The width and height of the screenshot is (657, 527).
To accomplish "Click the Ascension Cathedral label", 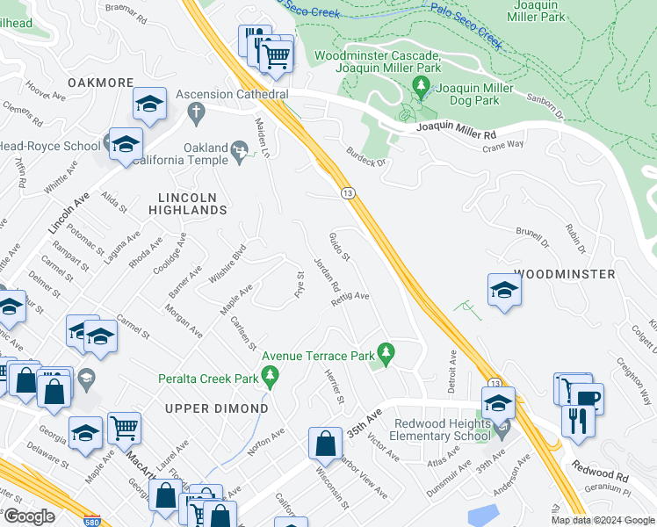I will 232,94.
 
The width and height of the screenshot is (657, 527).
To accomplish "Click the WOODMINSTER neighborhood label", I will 564,274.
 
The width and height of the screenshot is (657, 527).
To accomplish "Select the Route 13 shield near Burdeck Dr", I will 348,192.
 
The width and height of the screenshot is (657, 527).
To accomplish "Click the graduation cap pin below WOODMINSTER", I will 504,291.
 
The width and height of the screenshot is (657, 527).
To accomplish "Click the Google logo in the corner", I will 30,516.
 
